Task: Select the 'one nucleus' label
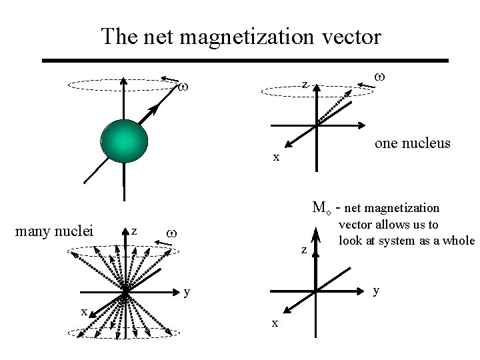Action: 413,143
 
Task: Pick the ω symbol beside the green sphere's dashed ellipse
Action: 185,88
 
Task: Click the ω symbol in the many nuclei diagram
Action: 171,233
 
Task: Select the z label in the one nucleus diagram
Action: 303,85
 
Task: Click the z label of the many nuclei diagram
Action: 133,231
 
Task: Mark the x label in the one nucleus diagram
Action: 275,157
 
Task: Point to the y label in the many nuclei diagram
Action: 188,291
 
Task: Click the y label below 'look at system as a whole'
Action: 377,290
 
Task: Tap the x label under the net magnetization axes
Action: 274,323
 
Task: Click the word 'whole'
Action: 458,241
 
